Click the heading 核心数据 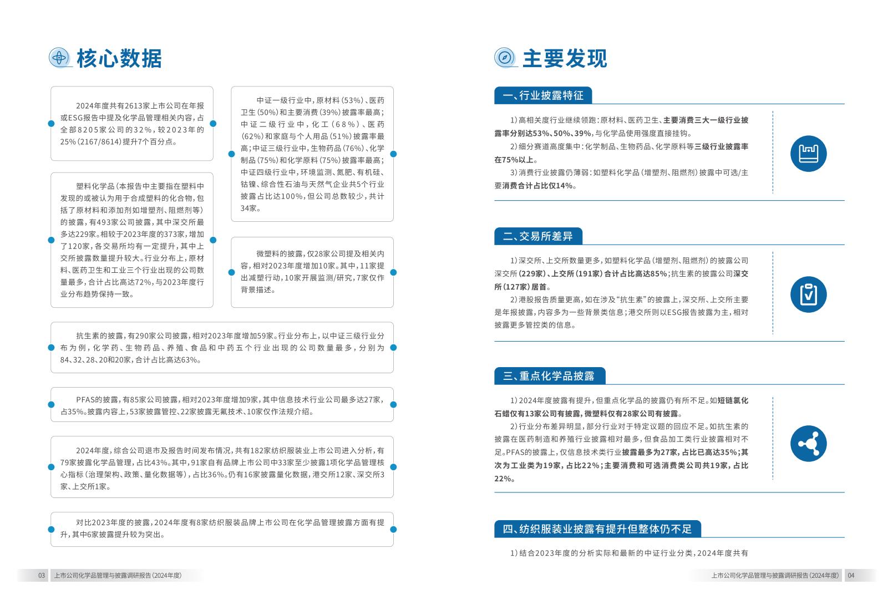click(x=119, y=58)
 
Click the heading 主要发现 click(x=565, y=58)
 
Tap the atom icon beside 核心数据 click(x=59, y=57)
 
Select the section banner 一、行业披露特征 click(x=543, y=95)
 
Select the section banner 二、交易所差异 click(x=537, y=236)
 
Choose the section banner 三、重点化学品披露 click(x=549, y=376)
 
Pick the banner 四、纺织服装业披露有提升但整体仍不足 click(x=597, y=529)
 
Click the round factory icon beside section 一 click(x=808, y=154)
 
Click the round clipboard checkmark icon click(x=808, y=294)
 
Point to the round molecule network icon click(x=808, y=444)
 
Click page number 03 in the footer click(x=42, y=576)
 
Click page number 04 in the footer click(x=851, y=576)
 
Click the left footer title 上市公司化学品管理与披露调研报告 click(x=118, y=576)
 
